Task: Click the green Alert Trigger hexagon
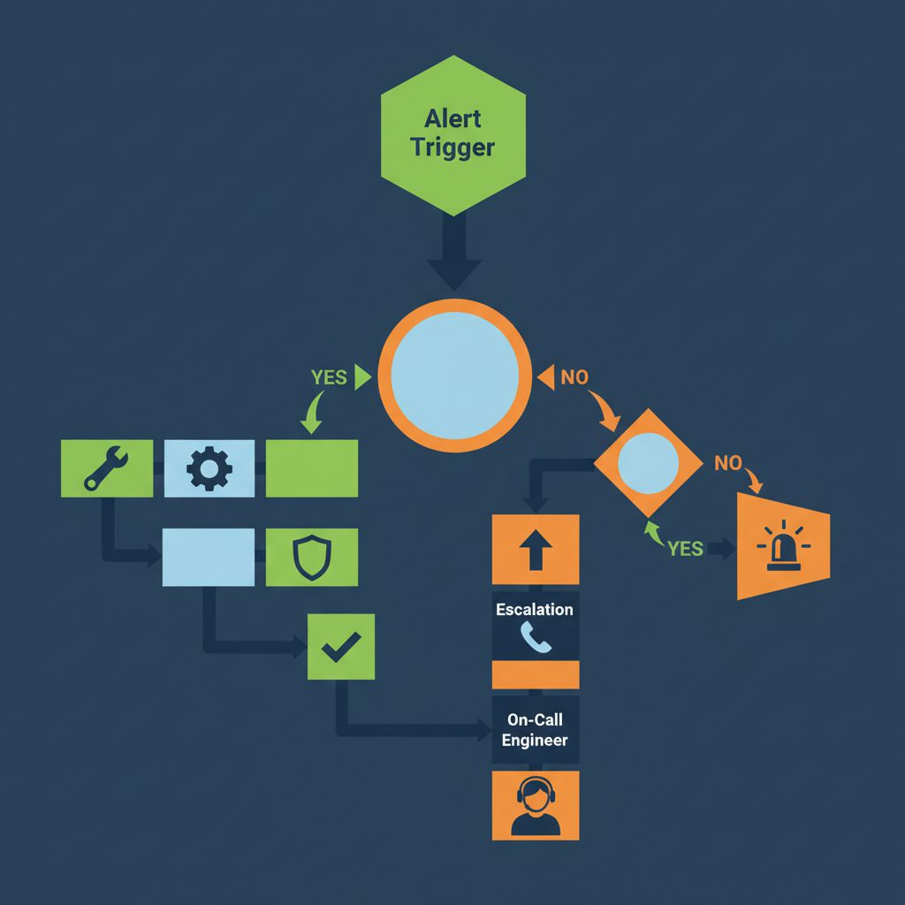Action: coord(452,133)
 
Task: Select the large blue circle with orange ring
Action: coord(454,376)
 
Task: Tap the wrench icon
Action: coord(107,468)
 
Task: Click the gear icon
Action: coord(209,468)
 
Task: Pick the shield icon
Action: coord(311,558)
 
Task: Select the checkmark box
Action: coord(340,647)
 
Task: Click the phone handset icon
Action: coord(536,637)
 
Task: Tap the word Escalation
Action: coord(535,610)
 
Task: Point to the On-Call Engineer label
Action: coord(535,731)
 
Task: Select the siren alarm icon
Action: coord(781,547)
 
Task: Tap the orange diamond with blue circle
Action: coord(648,463)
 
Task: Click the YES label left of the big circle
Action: coord(329,377)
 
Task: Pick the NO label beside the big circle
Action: coord(574,377)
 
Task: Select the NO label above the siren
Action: coord(727,463)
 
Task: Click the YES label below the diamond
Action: coord(685,549)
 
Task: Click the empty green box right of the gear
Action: coord(312,468)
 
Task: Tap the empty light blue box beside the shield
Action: coord(209,558)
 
